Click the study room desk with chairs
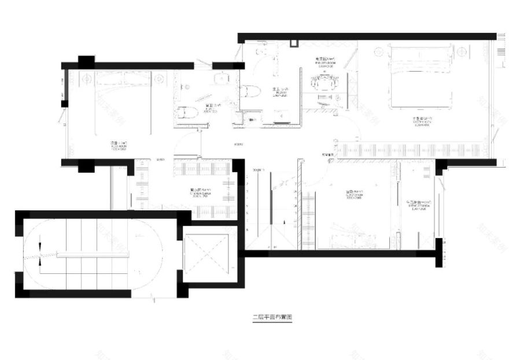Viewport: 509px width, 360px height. tap(324, 84)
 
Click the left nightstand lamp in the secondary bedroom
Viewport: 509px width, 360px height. tap(87, 77)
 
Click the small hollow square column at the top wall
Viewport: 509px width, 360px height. tap(293, 43)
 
